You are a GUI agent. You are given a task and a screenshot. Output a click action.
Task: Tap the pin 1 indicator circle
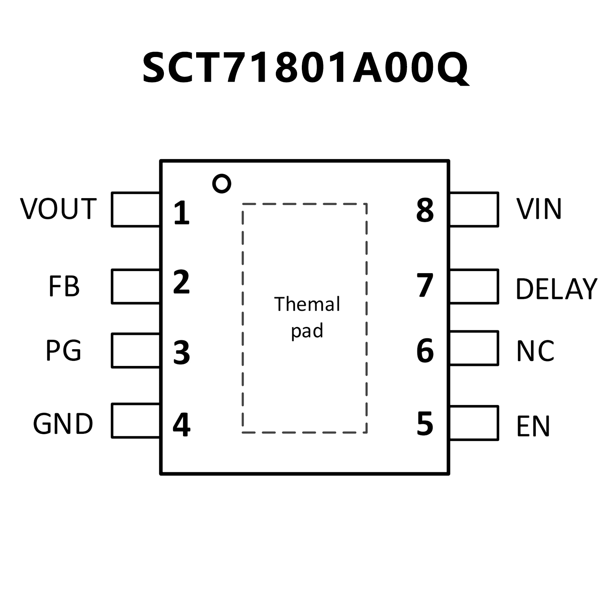tap(222, 184)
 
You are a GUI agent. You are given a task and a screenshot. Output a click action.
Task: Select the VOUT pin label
tap(58, 209)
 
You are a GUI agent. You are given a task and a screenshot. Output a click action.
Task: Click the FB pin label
tap(64, 286)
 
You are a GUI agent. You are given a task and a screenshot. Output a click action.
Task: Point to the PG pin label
tap(63, 351)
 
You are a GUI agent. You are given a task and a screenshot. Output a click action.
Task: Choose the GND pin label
tap(63, 424)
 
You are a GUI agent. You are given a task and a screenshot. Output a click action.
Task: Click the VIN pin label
tap(539, 209)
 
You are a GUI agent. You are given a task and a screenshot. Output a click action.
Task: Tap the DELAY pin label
tap(556, 289)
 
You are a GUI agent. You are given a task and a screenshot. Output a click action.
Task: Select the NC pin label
tap(535, 351)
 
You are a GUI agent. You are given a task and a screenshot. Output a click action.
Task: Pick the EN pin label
tap(533, 426)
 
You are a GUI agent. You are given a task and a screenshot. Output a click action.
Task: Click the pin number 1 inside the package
tap(181, 213)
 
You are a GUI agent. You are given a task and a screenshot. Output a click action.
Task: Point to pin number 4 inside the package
tap(181, 425)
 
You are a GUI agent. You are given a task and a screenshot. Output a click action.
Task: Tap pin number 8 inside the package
tap(425, 210)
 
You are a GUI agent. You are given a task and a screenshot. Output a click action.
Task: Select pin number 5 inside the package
tap(425, 423)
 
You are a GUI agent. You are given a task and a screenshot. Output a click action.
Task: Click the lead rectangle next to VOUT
tap(136, 210)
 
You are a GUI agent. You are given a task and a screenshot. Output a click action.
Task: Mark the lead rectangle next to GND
tap(136, 421)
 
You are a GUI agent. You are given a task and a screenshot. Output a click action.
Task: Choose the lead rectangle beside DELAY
tap(474, 287)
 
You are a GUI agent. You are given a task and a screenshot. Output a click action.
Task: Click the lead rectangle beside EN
tap(474, 423)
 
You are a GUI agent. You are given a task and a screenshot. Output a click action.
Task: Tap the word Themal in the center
tap(307, 304)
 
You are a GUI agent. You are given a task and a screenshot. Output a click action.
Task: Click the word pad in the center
tap(307, 331)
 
